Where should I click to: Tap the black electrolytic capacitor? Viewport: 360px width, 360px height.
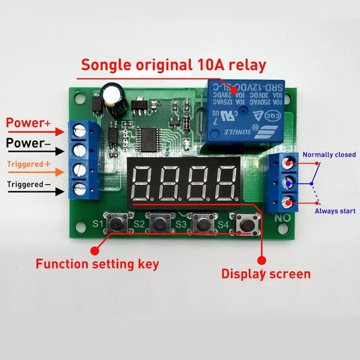(112, 96)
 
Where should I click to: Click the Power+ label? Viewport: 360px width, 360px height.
(29, 124)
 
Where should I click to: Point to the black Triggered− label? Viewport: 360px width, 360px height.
(29, 184)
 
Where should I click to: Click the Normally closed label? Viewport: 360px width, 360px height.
(329, 155)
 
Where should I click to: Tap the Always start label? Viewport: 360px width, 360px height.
(335, 211)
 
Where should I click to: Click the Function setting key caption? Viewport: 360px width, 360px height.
(98, 263)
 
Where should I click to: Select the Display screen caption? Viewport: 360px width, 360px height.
(266, 274)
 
